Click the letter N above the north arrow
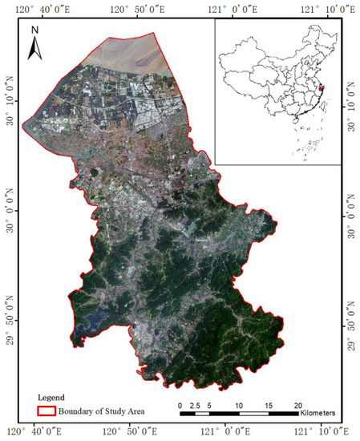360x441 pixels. point(34,32)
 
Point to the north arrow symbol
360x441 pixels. point(34,50)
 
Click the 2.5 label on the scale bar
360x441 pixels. point(194,404)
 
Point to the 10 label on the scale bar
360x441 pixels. point(238,404)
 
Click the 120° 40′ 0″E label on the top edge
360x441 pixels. point(38,7)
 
